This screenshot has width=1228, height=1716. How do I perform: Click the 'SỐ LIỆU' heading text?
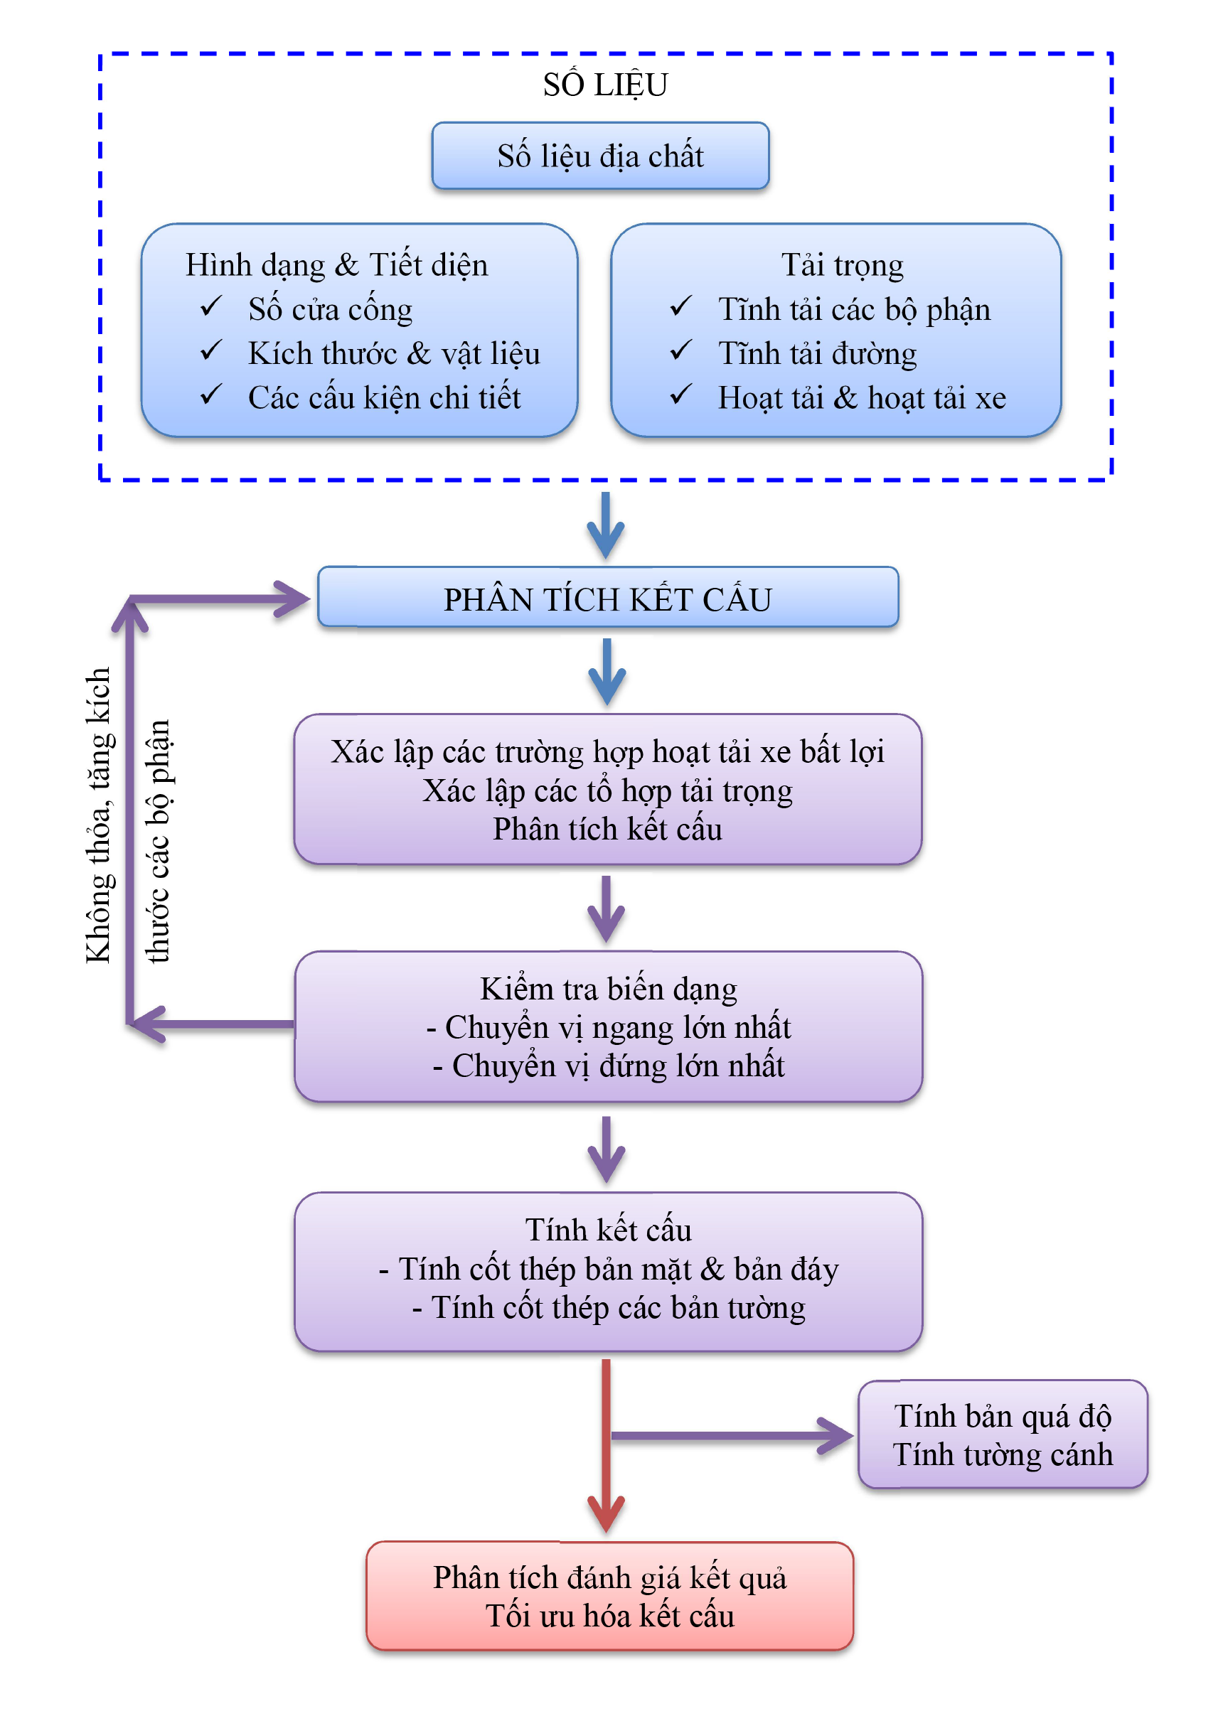tap(605, 85)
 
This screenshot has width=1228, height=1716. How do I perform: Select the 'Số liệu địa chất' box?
tap(600, 156)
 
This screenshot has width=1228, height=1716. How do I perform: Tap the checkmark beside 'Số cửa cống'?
tap(211, 306)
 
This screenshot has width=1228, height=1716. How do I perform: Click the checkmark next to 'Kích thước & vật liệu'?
tap(211, 350)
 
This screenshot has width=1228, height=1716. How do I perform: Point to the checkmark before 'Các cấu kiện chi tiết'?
tap(211, 395)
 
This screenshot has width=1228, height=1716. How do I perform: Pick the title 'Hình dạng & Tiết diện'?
tap(336, 265)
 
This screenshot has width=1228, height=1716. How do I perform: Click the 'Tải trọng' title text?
tap(842, 265)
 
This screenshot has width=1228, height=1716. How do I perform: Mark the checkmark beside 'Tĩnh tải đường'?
tap(680, 350)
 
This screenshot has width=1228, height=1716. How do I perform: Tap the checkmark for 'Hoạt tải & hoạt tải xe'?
tap(680, 395)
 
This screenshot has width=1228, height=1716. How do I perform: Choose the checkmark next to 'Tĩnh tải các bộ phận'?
tap(680, 306)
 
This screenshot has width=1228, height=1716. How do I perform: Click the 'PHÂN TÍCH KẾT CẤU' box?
tap(608, 599)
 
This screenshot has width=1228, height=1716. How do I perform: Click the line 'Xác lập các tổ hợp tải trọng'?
tap(608, 790)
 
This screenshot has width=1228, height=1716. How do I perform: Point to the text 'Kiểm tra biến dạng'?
tap(608, 989)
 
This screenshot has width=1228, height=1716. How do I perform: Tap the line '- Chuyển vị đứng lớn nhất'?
tap(608, 1066)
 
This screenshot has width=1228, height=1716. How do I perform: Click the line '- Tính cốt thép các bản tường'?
tap(608, 1308)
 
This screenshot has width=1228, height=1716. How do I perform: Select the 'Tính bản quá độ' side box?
tap(1003, 1434)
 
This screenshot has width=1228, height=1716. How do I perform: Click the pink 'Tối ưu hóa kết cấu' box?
tap(609, 1597)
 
